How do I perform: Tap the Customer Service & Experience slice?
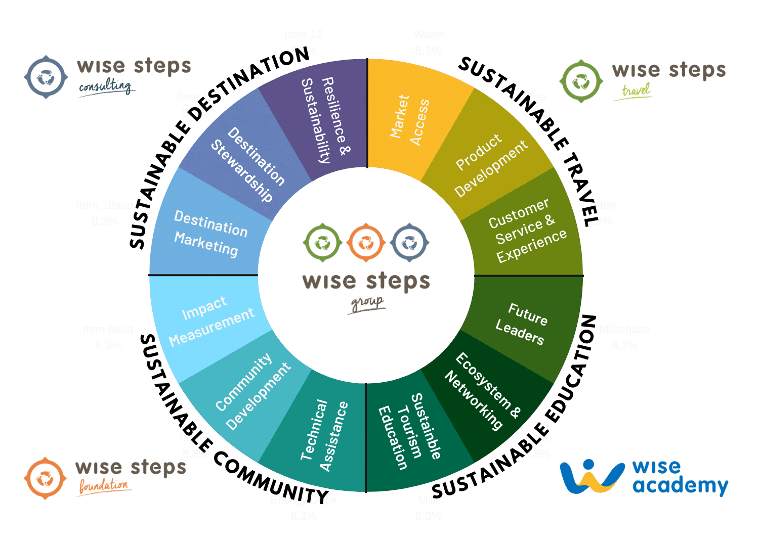coord(526,231)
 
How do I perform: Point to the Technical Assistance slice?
coord(324,435)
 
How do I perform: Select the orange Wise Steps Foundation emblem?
coord(46,478)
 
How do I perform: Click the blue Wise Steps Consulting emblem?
coord(46,77)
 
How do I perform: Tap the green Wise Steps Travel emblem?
coord(581,81)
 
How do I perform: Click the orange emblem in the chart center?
coord(365,243)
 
